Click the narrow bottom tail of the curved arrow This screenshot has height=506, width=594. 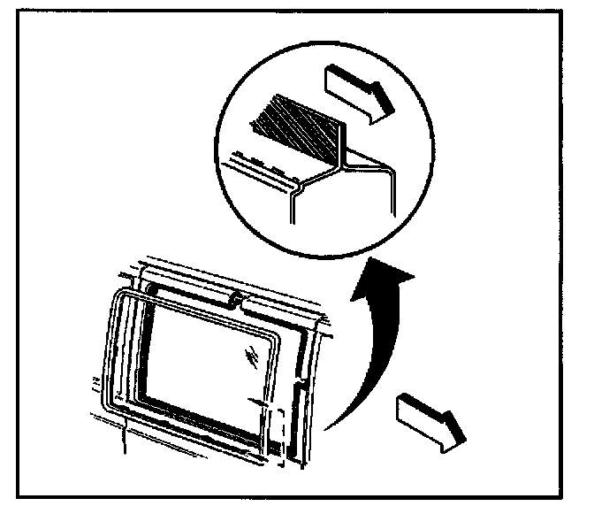tap(325, 428)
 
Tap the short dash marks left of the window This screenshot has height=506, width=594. tap(93, 382)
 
